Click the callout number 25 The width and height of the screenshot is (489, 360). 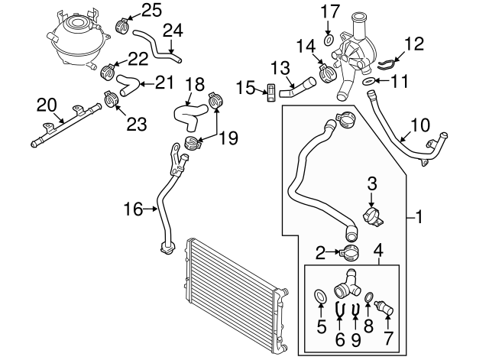coord(152,10)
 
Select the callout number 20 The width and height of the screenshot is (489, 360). coord(47,103)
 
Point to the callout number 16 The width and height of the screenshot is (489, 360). coord(134,207)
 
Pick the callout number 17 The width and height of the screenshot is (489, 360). coord(327,11)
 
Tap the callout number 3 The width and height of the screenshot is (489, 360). coord(373,183)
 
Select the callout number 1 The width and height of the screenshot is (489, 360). coord(419,218)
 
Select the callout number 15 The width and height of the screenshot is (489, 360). coord(245,90)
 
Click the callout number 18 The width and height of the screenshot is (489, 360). coord(195,83)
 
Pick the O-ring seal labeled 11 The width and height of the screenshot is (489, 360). coord(367,80)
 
